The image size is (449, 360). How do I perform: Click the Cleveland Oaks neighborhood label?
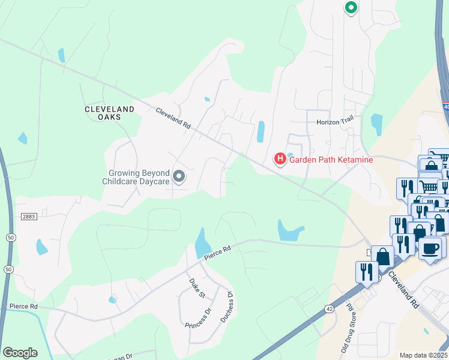coord(110,113)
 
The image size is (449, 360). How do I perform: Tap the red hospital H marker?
coord(280,159)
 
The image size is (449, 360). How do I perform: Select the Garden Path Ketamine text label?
coord(331,160)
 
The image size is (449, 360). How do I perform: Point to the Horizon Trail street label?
coord(336,121)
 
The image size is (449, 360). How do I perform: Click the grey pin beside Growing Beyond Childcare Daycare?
coord(178,176)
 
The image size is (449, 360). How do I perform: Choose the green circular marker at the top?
coord(351,8)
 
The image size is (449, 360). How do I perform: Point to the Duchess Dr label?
coord(226,307)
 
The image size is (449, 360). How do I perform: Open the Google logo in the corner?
coord(20,353)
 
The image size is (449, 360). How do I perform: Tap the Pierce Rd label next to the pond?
coord(217,253)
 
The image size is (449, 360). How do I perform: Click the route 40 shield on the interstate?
coord(446,107)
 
